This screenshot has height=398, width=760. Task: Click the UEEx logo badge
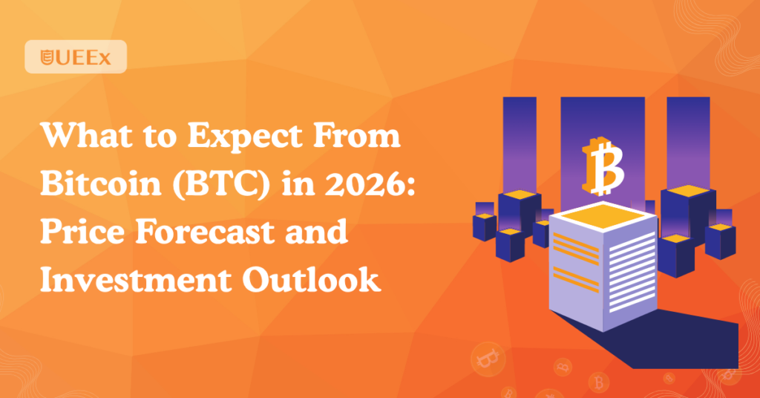coord(76,56)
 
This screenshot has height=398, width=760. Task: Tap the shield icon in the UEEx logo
coord(47,57)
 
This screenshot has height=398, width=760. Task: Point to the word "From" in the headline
coord(358,135)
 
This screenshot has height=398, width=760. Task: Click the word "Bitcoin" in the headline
coord(100,183)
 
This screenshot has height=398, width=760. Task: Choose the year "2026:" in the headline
coord(370,183)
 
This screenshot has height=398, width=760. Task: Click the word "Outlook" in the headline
coord(312,280)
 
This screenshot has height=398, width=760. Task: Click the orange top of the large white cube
coord(603,215)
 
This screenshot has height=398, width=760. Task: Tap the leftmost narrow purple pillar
coord(520,146)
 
